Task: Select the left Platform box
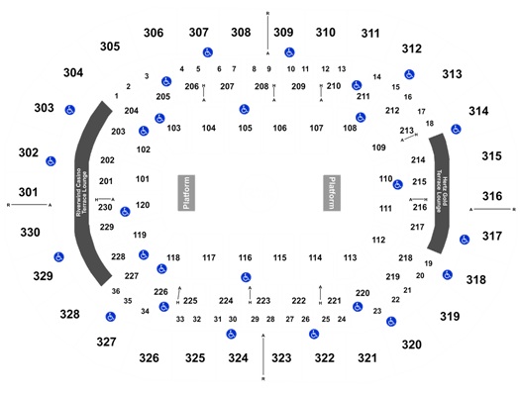click(x=183, y=192)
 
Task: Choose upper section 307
click(x=199, y=32)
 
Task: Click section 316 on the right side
click(x=492, y=197)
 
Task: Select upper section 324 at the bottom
click(x=238, y=356)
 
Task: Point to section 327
click(x=107, y=342)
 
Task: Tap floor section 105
click(x=245, y=128)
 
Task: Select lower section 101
click(x=143, y=179)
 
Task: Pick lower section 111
click(x=385, y=211)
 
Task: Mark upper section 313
click(x=452, y=75)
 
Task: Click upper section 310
click(x=325, y=33)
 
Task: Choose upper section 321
click(x=366, y=356)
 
